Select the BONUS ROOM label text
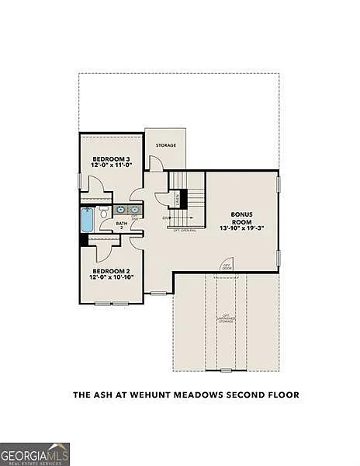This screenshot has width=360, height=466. tap(242, 217)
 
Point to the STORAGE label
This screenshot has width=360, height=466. tap(164, 145)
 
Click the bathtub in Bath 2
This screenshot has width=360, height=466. tap(87, 221)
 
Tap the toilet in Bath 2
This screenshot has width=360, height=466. tap(103, 210)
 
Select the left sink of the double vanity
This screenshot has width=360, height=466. tap(121, 210)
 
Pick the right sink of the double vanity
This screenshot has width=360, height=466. tap(135, 210)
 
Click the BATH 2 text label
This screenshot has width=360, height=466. tap(122, 225)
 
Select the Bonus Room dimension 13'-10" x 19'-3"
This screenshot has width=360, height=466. tap(242, 228)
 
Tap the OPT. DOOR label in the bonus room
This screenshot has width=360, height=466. tap(227, 266)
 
